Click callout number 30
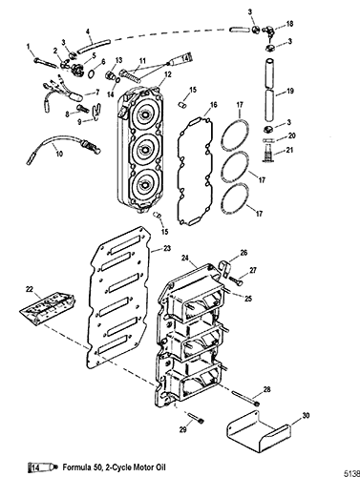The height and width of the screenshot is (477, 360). coord(306,415)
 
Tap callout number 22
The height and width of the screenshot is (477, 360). coord(30,289)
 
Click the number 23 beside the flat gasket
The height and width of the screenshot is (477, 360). coord(167,248)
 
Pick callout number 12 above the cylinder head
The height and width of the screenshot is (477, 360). coord(168,74)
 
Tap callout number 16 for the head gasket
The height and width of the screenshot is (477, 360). coord(213,104)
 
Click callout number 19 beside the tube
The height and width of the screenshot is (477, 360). coord(290,91)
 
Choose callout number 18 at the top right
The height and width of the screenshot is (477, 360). coord(289,24)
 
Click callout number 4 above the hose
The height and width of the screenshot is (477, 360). coord(88,31)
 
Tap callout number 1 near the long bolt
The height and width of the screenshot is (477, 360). coord(29,47)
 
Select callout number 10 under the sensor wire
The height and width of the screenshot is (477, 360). coord(59,154)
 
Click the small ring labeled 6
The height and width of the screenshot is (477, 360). coord(92,73)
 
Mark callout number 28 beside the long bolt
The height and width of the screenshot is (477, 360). coord(266,389)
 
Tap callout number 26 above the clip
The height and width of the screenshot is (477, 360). coord(244,253)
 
